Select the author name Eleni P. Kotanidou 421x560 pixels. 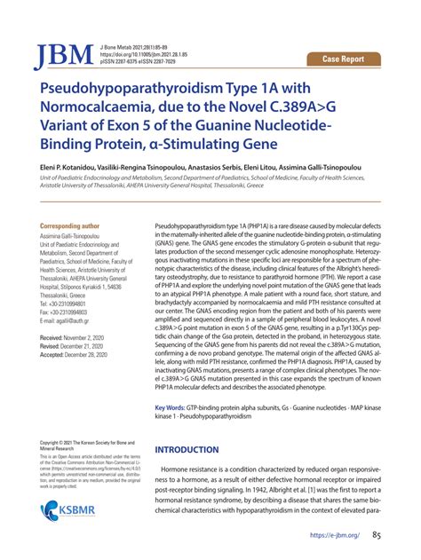tap(69, 164)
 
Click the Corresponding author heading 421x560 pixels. tap(72, 227)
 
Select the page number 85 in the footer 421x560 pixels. tap(377, 535)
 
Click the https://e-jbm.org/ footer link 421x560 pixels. tap(335, 536)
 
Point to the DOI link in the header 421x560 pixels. tap(144, 53)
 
